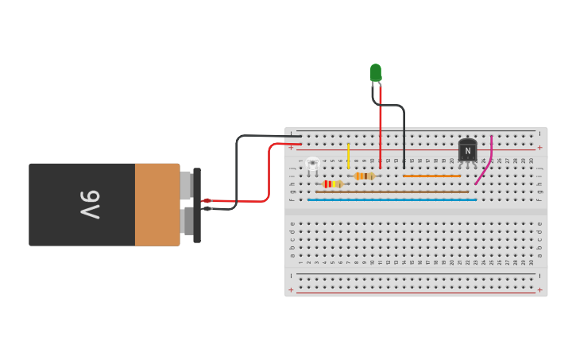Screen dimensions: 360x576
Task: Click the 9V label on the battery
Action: pos(89,204)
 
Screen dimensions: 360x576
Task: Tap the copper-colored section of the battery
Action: pos(157,204)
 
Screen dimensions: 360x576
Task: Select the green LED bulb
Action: pos(375,72)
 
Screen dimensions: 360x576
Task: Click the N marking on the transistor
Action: pos(468,151)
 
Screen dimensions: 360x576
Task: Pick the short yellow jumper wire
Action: pos(348,155)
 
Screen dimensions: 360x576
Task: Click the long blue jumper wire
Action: pos(392,199)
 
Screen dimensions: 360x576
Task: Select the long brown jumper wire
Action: pos(392,192)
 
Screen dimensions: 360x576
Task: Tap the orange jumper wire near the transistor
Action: pos(431,176)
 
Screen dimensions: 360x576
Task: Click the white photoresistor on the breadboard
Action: pos(312,164)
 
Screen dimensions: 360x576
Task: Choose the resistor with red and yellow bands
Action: pos(332,184)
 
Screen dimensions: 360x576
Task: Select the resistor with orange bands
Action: pos(365,176)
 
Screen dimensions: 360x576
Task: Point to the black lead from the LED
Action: pos(403,131)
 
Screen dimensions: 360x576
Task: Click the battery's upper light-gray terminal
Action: pos(186,185)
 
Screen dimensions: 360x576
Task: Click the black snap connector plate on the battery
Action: pos(197,204)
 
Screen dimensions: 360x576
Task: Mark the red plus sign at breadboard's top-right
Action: pos(539,147)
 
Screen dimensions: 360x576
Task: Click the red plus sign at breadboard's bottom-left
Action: pos(291,290)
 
